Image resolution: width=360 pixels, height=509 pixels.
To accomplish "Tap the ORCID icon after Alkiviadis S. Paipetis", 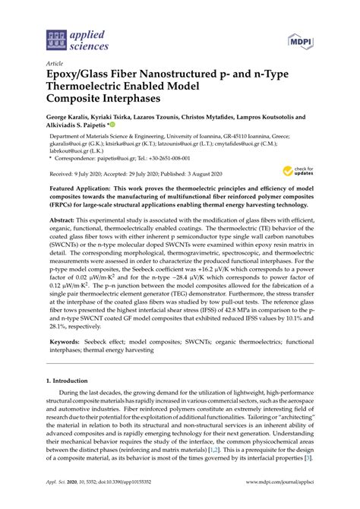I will (x=111, y=126).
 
